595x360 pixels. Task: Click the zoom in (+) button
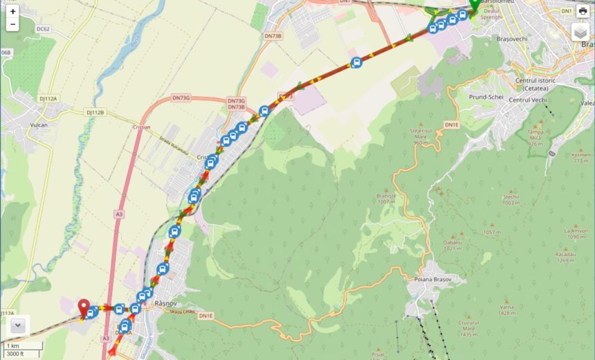pos(12,12)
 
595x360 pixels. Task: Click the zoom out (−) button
pos(12,24)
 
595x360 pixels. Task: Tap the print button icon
pos(583,12)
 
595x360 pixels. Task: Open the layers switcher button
pos(581,33)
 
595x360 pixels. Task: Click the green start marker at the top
pos(474,6)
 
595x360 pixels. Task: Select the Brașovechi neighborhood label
pos(511,39)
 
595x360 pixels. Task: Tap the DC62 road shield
pos(43,29)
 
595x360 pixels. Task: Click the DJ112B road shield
pos(95,112)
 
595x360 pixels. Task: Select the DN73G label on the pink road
pos(180,98)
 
